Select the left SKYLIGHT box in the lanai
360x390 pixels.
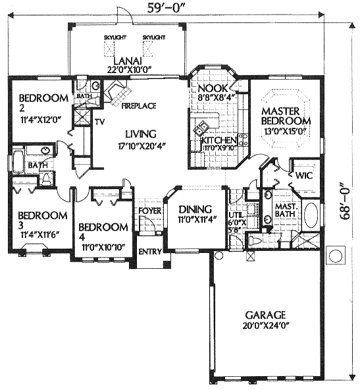pos(109,48)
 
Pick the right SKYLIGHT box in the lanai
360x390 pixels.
pos(147,48)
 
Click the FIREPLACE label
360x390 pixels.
pos(139,106)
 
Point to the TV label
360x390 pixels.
pos(99,122)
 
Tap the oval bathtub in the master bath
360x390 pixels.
pos(311,215)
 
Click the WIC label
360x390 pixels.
pos(303,176)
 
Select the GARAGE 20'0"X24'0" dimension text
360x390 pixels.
pos(267,325)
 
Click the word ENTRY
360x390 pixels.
pos(150,252)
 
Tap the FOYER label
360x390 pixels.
pos(149,211)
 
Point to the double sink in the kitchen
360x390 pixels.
pos(201,128)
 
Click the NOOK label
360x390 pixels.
pos(213,88)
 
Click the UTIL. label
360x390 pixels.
pos(235,215)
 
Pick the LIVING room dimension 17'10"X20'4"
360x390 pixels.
pos(142,145)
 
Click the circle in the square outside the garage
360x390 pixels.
pos(336,255)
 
